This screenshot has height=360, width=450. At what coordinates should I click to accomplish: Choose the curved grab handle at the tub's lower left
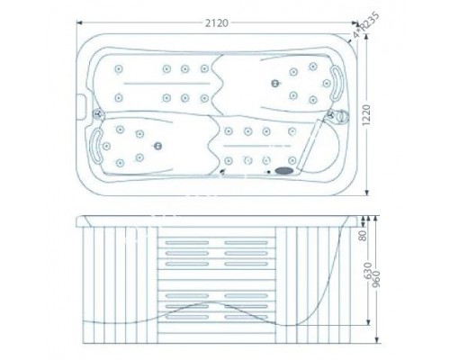[x=94, y=143]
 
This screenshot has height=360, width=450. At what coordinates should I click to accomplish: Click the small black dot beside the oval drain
[x=267, y=168]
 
